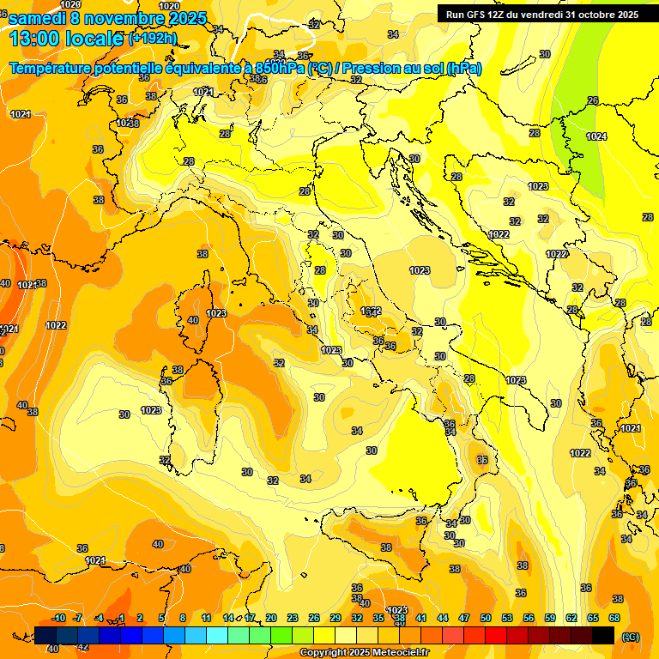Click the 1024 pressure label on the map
pyautogui.click(x=597, y=136)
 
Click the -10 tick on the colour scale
pyautogui.click(x=58, y=618)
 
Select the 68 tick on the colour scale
pyautogui.click(x=614, y=618)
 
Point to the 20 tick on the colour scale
pyautogui.click(x=271, y=618)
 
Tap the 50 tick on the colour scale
pyautogui.click(x=486, y=618)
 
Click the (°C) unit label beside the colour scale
pyautogui.click(x=631, y=636)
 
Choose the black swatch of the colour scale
pyautogui.click(x=603, y=635)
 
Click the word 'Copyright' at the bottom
pyautogui.click(x=323, y=653)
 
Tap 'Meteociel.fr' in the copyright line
pyautogui.click(x=402, y=653)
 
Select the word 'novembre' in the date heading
pyautogui.click(x=120, y=18)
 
